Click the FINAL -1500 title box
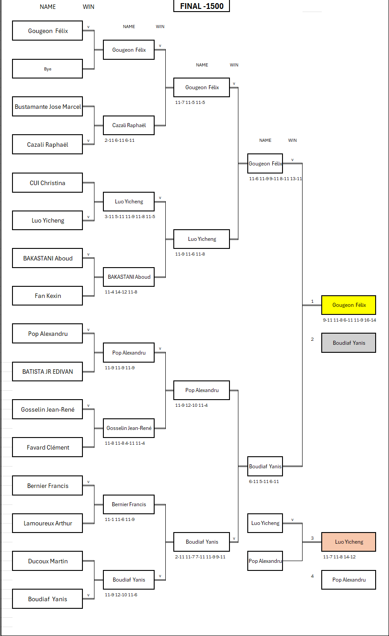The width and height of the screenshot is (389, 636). (x=201, y=6)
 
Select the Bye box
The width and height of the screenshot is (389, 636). (x=47, y=69)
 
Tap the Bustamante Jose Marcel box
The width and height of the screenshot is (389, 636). (x=47, y=107)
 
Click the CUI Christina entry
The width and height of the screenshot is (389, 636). (x=47, y=183)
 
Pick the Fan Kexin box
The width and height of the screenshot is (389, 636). (x=47, y=296)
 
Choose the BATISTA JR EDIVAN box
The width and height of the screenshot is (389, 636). (x=47, y=372)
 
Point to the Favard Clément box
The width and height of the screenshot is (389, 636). (x=47, y=447)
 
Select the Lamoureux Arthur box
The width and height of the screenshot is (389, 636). (x=47, y=523)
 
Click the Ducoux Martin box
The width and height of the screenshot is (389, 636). (x=47, y=561)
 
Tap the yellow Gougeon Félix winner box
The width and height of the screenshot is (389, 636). (x=348, y=305)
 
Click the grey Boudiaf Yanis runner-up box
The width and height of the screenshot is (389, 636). (x=348, y=343)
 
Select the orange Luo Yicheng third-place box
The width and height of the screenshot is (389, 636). (x=348, y=542)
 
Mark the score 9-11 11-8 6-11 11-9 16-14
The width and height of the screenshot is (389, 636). (x=349, y=320)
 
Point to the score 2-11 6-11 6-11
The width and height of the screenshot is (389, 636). (x=119, y=140)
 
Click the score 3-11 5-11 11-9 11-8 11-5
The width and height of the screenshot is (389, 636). (x=130, y=216)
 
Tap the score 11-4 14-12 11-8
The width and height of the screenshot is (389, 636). (x=121, y=292)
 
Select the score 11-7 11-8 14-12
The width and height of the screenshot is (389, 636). (x=339, y=557)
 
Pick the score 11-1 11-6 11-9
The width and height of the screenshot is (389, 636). (x=119, y=519)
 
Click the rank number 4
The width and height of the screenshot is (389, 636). (x=312, y=576)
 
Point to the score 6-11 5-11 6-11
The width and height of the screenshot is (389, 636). (x=264, y=481)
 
